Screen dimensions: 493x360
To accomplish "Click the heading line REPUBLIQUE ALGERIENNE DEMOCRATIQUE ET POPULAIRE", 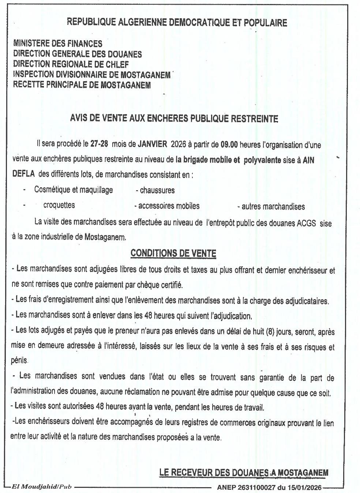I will tap(177, 23).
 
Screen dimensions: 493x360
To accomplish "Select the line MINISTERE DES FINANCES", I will tap(57, 44).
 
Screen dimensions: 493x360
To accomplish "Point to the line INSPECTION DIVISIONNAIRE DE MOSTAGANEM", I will tap(91, 75).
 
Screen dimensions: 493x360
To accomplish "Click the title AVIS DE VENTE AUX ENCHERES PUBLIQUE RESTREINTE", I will tap(174, 118).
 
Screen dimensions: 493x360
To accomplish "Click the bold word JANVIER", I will tap(152, 144).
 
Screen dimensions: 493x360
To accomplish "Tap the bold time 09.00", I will tap(229, 144).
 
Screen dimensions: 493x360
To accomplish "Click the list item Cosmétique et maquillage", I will tap(73, 189).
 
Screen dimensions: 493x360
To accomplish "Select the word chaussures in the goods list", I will tap(157, 190).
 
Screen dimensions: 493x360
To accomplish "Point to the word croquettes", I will tap(59, 205).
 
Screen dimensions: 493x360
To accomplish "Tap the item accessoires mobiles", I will tap(169, 206).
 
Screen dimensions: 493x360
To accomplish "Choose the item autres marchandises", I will tap(273, 207).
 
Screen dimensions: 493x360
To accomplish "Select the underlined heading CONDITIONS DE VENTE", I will tap(173, 253).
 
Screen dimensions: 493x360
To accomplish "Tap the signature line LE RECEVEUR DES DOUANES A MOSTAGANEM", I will tap(244, 473).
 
